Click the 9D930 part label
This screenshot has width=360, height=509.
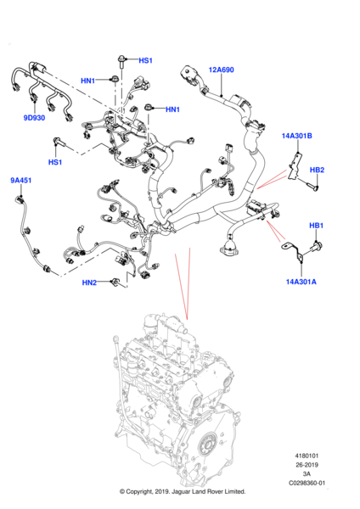[x=34, y=118]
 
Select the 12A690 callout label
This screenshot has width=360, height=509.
[x=221, y=70]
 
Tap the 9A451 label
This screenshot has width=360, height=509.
[x=20, y=180]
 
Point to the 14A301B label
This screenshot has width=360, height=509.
[x=296, y=136]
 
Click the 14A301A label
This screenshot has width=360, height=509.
[x=301, y=282]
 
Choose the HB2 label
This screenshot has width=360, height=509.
[x=317, y=170]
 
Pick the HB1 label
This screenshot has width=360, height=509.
[x=316, y=226]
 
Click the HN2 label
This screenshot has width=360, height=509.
[x=89, y=282]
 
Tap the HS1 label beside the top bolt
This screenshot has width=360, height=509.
[x=145, y=60]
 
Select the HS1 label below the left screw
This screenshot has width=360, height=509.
[x=55, y=162]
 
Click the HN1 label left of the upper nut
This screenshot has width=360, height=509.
[x=87, y=81]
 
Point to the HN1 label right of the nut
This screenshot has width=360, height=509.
[x=173, y=109]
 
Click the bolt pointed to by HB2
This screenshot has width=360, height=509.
[x=312, y=186]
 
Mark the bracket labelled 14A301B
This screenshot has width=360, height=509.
[x=295, y=166]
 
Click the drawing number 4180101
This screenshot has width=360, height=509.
[x=307, y=456]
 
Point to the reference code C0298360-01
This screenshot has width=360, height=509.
[x=307, y=483]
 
